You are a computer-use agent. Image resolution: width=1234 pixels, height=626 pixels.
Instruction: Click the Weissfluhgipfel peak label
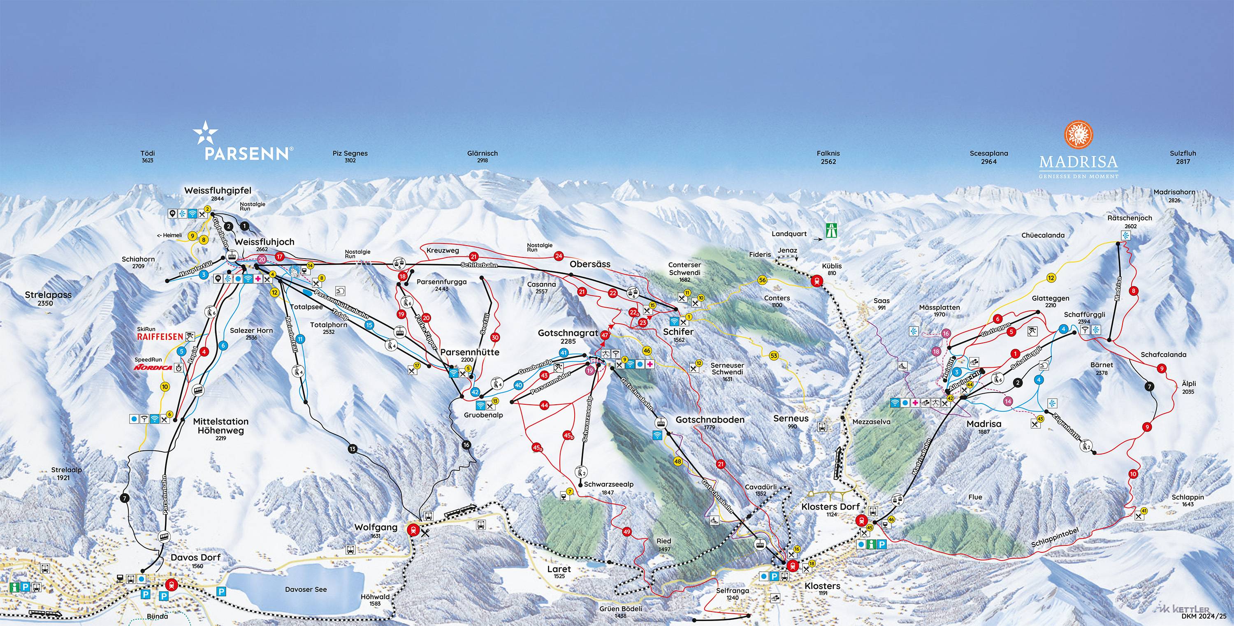218,190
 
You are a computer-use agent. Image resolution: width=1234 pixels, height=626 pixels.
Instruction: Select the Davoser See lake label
306,589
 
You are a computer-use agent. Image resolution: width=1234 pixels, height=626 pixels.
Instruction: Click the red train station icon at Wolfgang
412,530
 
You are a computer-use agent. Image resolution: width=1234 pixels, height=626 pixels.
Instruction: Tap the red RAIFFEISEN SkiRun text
160,336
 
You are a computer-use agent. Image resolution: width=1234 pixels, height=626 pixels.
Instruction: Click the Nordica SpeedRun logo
153,367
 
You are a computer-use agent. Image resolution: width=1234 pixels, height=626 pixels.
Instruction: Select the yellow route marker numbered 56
762,280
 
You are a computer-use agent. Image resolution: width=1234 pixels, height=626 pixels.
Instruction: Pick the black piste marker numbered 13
353,449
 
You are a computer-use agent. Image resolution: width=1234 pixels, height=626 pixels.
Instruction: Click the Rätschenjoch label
1129,218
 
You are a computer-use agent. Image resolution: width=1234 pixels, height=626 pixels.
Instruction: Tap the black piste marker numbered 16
466,445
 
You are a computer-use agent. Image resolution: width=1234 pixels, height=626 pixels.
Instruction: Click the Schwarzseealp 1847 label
608,484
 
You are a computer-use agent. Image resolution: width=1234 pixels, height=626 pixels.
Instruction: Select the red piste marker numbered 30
495,337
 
